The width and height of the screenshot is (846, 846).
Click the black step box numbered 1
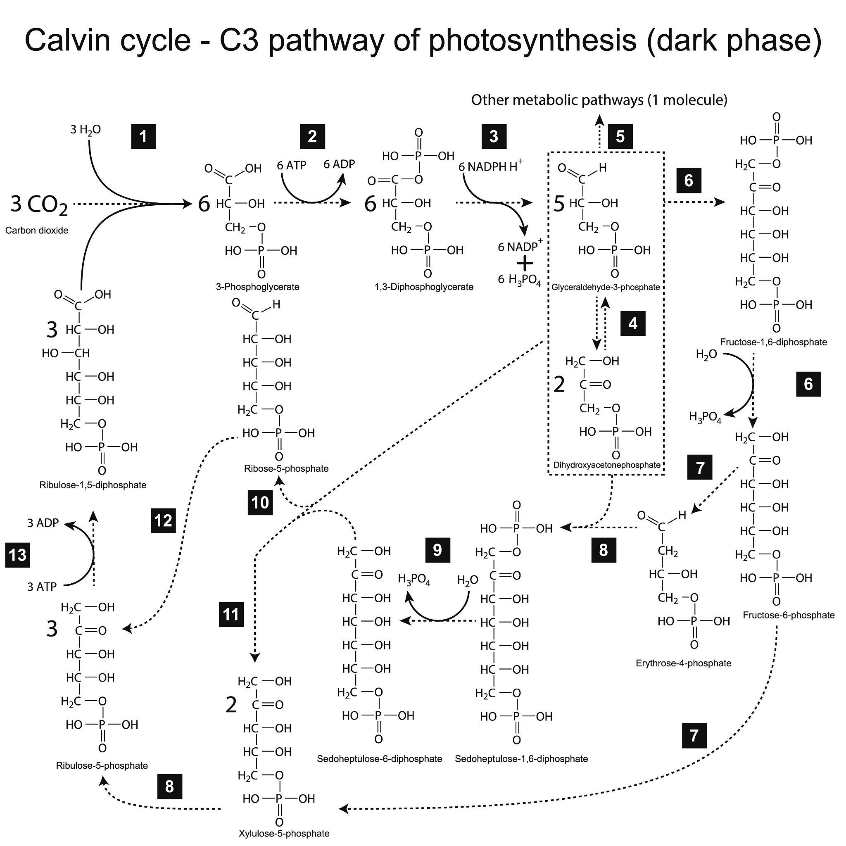(x=144, y=137)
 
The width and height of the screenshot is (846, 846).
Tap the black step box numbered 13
(x=17, y=555)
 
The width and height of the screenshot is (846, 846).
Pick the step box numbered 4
(x=633, y=323)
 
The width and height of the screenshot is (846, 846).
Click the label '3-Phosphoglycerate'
(x=257, y=287)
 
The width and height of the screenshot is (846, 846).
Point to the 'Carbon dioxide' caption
(x=37, y=231)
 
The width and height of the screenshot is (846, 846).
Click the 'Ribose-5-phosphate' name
(x=286, y=468)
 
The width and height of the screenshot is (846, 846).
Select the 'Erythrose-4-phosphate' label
(x=684, y=663)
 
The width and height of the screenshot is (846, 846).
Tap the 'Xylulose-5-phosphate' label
(x=284, y=833)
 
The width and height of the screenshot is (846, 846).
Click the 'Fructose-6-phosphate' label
(x=789, y=615)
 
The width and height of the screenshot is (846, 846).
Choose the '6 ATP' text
(x=292, y=166)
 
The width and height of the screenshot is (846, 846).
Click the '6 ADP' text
(x=339, y=164)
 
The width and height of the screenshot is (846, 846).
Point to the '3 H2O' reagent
(x=86, y=130)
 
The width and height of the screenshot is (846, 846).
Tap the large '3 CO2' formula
(x=39, y=204)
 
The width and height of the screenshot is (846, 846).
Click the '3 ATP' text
(x=42, y=587)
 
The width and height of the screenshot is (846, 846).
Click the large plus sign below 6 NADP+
(x=525, y=263)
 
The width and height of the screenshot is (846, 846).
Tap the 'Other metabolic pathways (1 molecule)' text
(x=599, y=100)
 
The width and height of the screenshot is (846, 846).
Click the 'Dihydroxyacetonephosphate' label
(x=607, y=465)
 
